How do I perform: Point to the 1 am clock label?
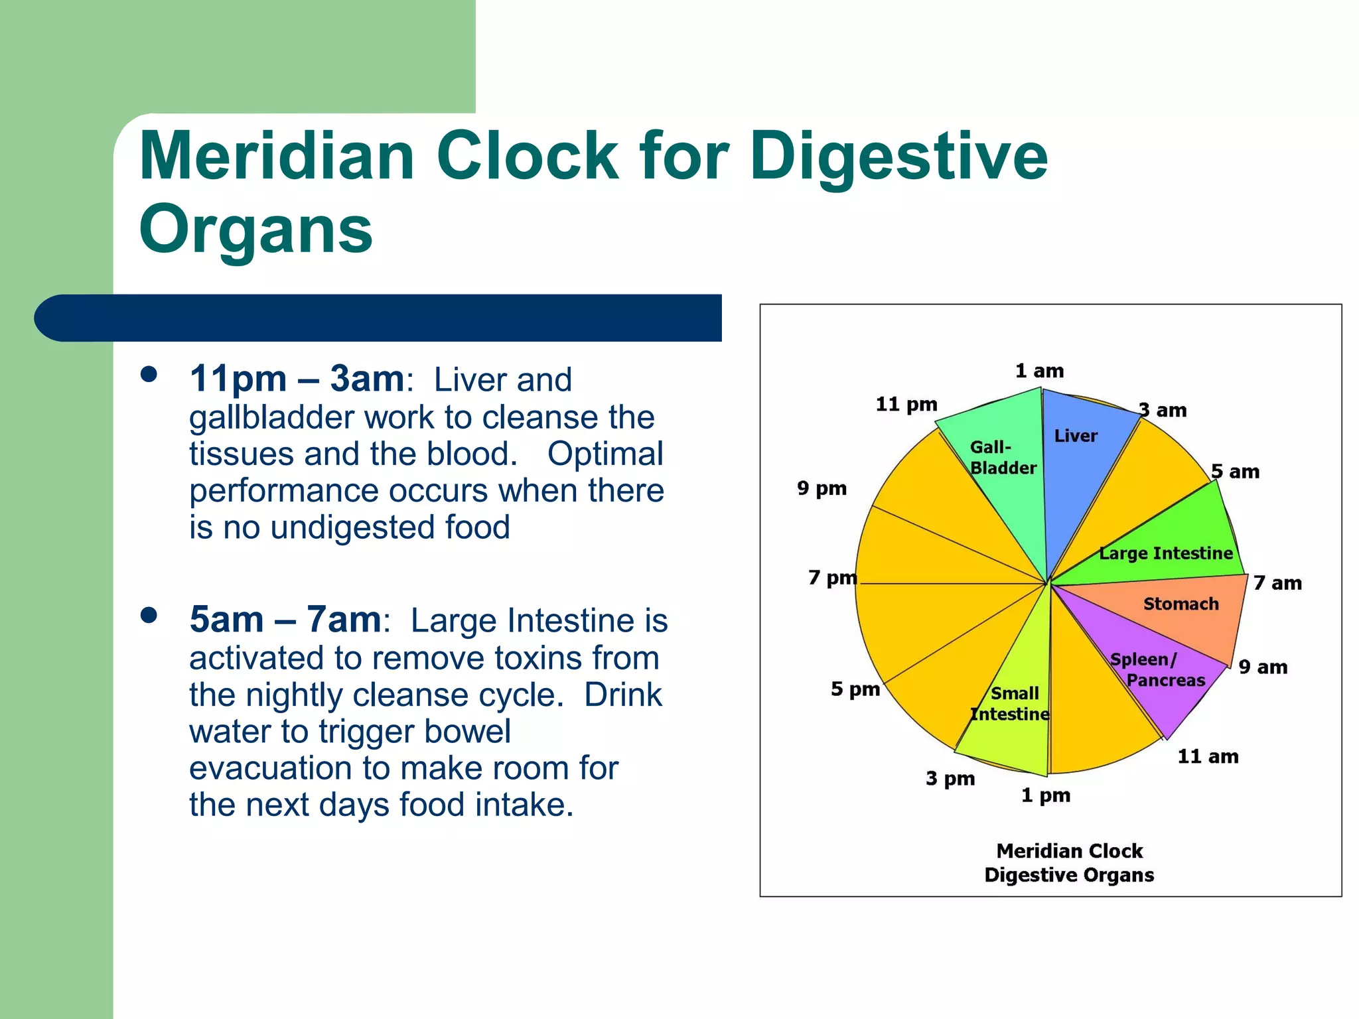click(1039, 371)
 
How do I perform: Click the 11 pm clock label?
click(906, 404)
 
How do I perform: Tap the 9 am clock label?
click(1263, 667)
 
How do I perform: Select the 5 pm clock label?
click(855, 689)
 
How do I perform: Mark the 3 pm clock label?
click(950, 778)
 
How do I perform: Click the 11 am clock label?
click(1208, 756)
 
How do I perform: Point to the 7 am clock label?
click(1277, 583)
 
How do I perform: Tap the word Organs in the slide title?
click(255, 229)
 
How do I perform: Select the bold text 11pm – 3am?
click(297, 379)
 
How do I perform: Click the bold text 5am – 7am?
click(285, 620)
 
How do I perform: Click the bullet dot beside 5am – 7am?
click(149, 615)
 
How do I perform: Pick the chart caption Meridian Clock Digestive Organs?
click(1069, 862)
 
